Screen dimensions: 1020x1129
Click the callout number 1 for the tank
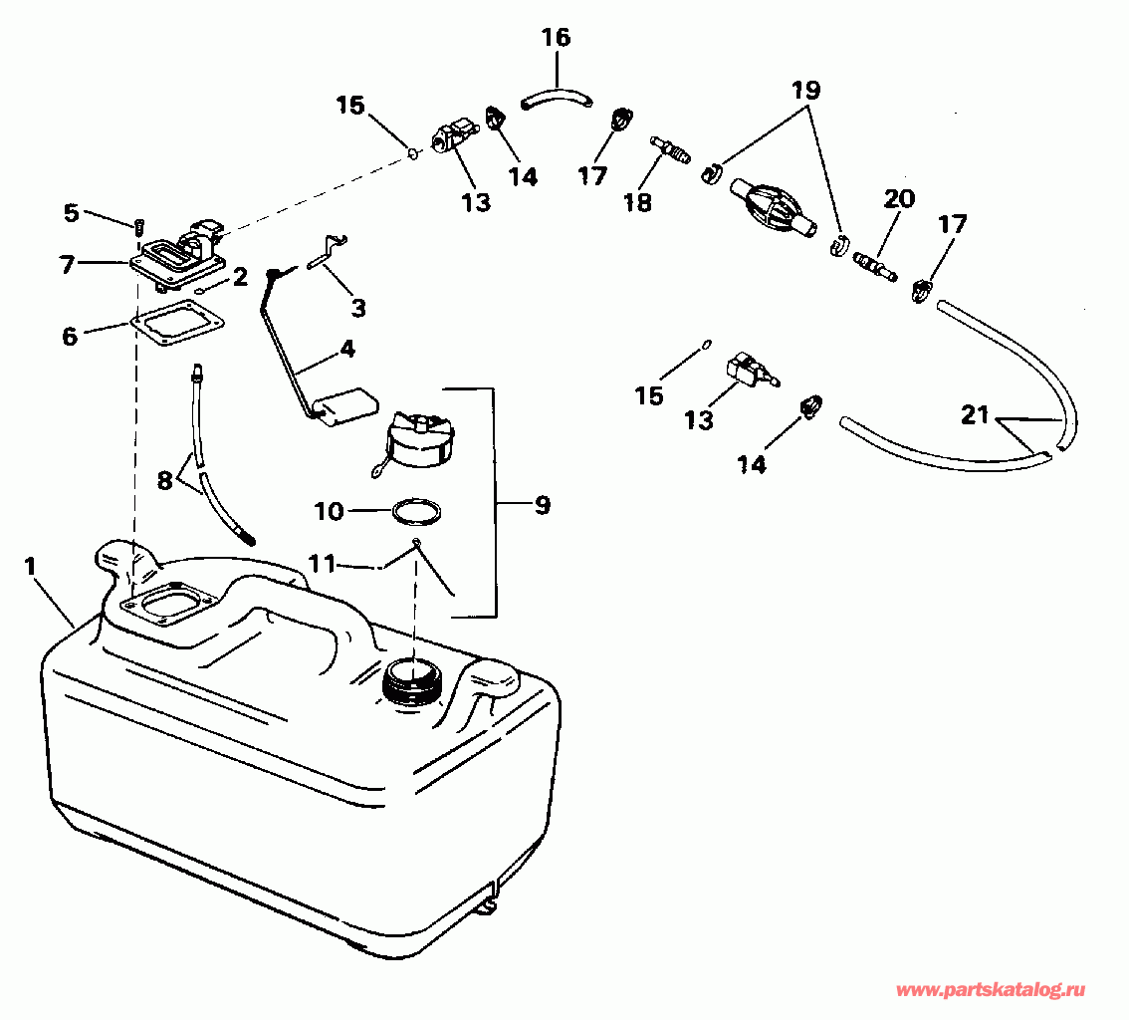coord(31,566)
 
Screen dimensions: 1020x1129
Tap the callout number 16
coord(556,39)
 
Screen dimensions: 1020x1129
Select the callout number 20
coord(898,199)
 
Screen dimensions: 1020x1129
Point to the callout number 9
coord(542,506)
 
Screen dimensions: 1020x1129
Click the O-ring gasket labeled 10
coord(416,512)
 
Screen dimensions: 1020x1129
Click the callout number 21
coord(975,415)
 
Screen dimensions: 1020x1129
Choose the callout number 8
coord(165,479)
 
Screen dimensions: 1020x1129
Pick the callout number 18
coord(637,202)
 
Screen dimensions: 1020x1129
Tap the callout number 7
coord(67,264)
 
